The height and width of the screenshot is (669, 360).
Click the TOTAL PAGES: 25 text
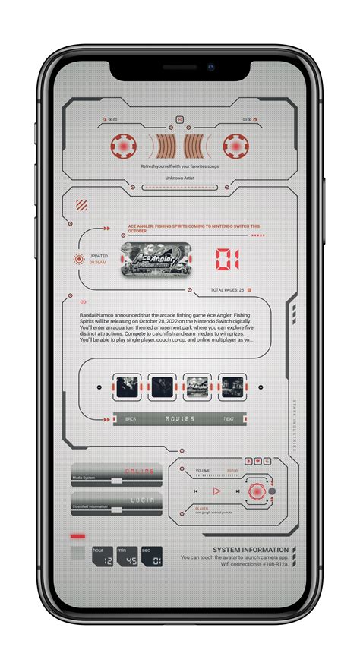pyautogui.click(x=227, y=290)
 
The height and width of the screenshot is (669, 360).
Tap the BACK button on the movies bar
pyautogui.click(x=131, y=418)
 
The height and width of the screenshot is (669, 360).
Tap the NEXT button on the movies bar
pyautogui.click(x=229, y=418)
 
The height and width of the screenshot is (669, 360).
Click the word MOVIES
pyautogui.click(x=179, y=418)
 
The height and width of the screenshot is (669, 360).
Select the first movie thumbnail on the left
pyautogui.click(x=126, y=387)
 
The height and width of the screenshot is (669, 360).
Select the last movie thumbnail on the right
pyautogui.click(x=232, y=387)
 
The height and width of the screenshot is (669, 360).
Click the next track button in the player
pyautogui.click(x=238, y=491)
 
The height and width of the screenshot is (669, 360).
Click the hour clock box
pyautogui.click(x=102, y=557)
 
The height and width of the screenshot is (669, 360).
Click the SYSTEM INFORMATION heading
pyautogui.click(x=250, y=549)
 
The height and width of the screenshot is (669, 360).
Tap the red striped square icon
pyautogui.click(x=81, y=205)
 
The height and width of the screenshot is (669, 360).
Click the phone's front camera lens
pyautogui.click(x=210, y=67)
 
